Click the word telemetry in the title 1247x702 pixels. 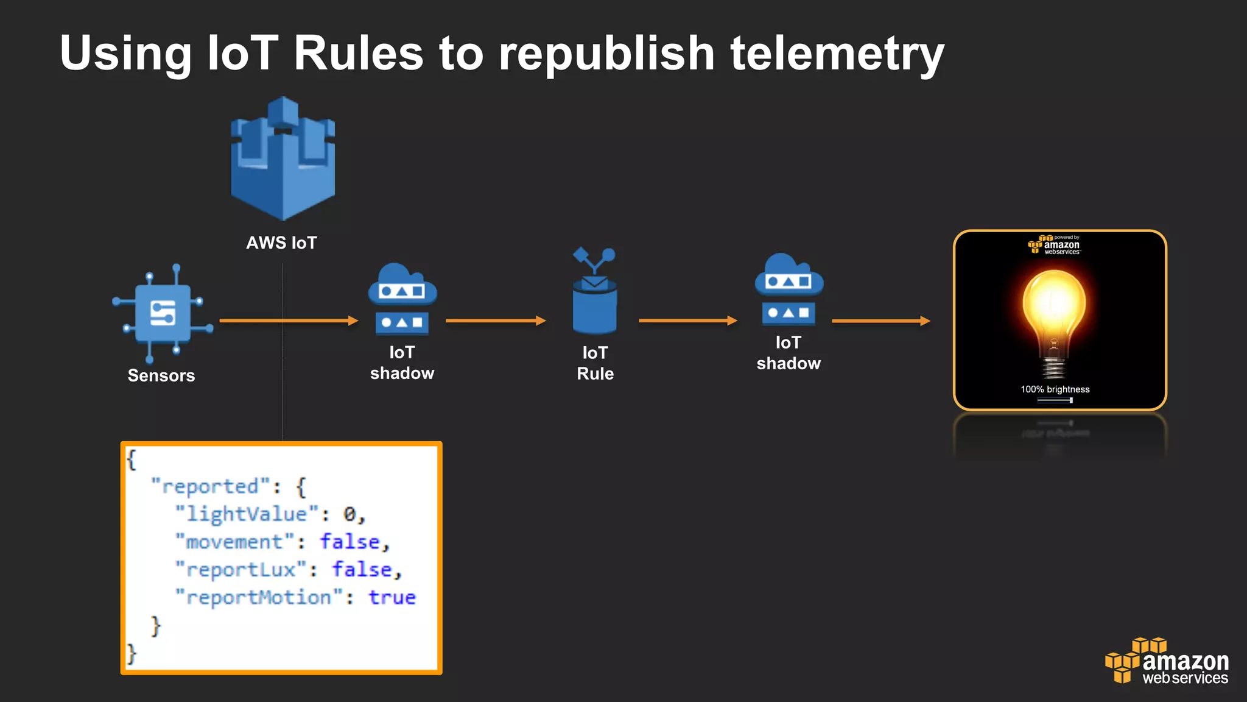[x=837, y=54]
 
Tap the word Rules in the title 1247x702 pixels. [x=358, y=54]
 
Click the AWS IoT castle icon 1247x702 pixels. [x=283, y=160]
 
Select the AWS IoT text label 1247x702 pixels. [x=281, y=243]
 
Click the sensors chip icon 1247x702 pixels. [x=163, y=313]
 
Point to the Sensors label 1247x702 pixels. [x=161, y=375]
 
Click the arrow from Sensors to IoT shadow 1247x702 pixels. [x=289, y=321]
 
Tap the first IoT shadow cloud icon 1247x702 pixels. [x=402, y=299]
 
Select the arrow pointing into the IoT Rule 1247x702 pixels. [x=496, y=321]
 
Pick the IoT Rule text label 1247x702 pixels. [x=595, y=363]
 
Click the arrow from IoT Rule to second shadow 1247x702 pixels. [x=688, y=321]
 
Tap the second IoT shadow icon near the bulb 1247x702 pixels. [x=789, y=290]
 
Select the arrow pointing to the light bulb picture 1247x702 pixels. [x=881, y=321]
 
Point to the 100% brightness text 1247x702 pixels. [x=1055, y=389]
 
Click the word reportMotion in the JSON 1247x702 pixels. [x=259, y=597]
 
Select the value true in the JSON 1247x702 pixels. [x=392, y=597]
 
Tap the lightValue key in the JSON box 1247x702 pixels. [x=247, y=514]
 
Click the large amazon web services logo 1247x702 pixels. [x=1167, y=662]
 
